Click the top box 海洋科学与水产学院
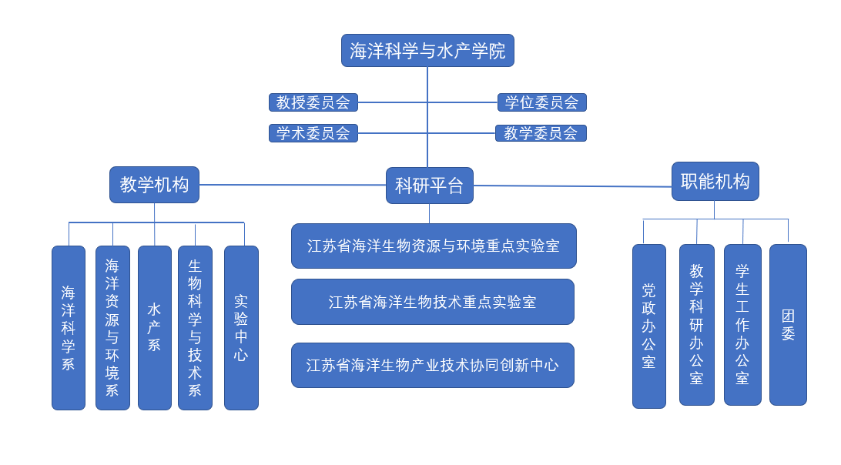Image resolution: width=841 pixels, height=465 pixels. click(x=427, y=51)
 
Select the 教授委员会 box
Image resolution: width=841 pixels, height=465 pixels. click(x=313, y=102)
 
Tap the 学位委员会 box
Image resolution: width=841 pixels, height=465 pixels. click(x=541, y=102)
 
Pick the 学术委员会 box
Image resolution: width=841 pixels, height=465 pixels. click(x=313, y=133)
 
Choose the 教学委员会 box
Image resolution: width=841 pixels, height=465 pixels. click(x=541, y=133)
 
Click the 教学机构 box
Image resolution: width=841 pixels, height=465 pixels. click(x=154, y=185)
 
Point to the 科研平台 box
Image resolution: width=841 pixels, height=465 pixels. click(x=429, y=186)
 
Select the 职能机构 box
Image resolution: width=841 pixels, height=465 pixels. click(x=715, y=182)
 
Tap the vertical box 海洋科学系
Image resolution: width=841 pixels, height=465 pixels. click(x=69, y=328)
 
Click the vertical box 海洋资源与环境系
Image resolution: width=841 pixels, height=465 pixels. click(x=112, y=328)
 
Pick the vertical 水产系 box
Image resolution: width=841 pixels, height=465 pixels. click(x=154, y=328)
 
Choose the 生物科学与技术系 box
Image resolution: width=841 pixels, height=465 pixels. click(x=195, y=328)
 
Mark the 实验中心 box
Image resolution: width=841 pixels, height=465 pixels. click(x=241, y=328)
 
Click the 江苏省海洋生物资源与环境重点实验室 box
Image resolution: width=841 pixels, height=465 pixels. click(x=434, y=246)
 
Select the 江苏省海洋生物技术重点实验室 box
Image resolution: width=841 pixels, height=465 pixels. click(x=432, y=302)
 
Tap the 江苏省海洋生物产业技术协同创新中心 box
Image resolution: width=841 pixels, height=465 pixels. click(x=432, y=365)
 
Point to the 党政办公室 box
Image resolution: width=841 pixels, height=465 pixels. click(x=648, y=326)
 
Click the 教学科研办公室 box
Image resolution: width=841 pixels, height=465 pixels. click(x=696, y=325)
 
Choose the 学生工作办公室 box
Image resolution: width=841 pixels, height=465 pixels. click(x=742, y=325)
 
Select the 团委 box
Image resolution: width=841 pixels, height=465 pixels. click(x=788, y=325)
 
